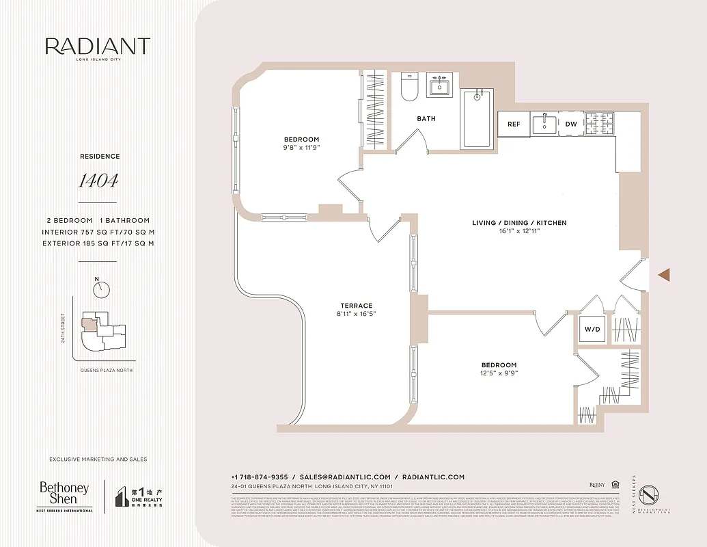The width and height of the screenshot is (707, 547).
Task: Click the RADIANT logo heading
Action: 98,46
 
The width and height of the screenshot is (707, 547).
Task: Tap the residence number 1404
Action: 98,181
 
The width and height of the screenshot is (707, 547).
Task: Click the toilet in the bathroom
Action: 409,87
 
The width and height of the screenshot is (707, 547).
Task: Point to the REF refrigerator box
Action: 514,124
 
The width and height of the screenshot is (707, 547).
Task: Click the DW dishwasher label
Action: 570,124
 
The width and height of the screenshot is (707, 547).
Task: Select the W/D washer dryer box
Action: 592,330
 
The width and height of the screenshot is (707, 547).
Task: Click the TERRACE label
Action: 357,306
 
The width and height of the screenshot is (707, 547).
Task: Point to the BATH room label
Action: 426,119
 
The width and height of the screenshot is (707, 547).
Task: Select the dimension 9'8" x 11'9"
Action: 301,148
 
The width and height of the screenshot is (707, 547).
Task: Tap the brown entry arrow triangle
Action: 663,275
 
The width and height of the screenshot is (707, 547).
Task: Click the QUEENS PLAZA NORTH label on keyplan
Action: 105,370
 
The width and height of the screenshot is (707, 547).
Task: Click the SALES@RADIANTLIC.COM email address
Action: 345,477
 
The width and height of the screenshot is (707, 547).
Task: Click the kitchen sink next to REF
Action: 544,123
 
